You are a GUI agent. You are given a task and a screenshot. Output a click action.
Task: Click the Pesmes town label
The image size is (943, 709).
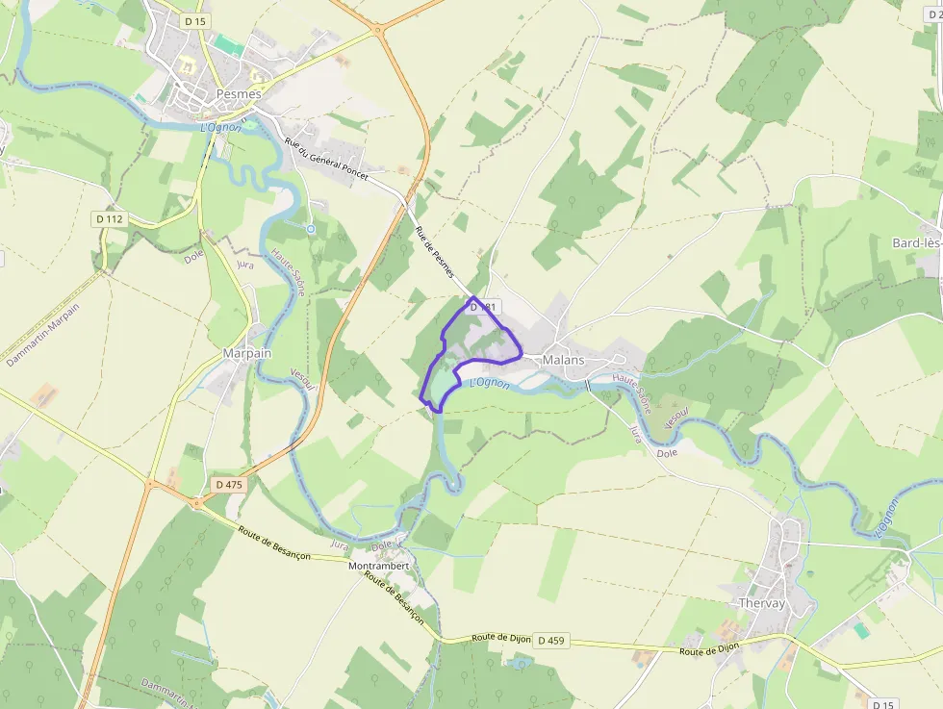[x=212, y=95]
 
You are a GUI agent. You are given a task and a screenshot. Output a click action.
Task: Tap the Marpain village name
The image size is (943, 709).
[x=247, y=353]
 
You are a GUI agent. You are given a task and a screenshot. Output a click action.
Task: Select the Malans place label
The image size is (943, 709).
[x=564, y=360]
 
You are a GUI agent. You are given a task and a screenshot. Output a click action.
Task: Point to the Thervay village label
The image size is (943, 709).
[x=762, y=603]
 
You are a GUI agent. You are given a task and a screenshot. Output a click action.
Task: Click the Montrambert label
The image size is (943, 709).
[x=378, y=566]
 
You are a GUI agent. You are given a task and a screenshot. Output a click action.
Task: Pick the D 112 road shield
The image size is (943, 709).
[x=110, y=219]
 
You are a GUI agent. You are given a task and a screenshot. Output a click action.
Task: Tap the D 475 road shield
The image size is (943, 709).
[x=229, y=485]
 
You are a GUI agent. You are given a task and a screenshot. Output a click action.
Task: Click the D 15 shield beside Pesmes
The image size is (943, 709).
[x=194, y=21]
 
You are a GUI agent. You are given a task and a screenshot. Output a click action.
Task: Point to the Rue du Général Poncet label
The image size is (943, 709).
[x=326, y=159]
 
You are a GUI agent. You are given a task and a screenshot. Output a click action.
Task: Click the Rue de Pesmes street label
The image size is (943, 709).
[x=435, y=252]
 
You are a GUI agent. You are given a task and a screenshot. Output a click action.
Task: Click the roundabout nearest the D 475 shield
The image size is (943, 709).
[x=196, y=501]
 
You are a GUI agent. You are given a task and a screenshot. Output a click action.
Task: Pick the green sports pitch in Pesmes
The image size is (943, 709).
[x=228, y=44]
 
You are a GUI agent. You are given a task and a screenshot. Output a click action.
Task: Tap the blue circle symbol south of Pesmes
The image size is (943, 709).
[x=309, y=229]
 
